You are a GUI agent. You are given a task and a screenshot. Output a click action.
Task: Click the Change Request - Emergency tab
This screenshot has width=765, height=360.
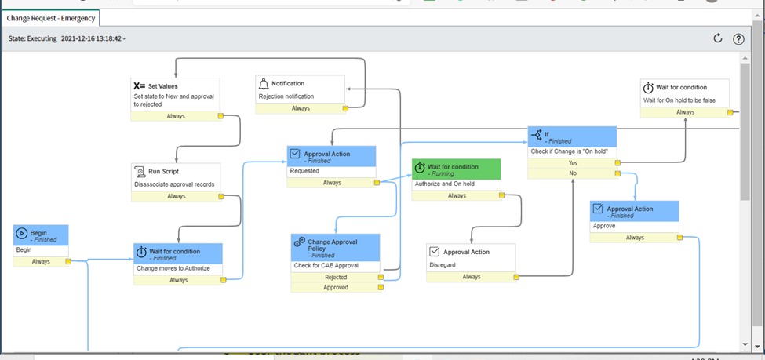52,18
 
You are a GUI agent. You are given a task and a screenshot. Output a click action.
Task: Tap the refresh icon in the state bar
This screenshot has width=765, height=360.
717,38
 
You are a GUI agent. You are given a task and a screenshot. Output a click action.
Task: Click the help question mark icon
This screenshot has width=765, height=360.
738,39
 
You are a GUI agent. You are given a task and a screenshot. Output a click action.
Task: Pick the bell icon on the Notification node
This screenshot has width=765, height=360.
264,83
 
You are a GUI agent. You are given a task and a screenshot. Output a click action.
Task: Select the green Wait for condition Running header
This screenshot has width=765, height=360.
456,169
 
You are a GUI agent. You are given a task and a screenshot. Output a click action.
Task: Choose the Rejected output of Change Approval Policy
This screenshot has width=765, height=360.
335,277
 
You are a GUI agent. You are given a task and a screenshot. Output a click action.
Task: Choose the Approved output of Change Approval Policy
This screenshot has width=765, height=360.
335,287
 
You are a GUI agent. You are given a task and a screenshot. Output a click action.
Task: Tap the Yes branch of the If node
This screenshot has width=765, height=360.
572,162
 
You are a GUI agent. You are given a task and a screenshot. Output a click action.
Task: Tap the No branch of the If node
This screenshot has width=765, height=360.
572,173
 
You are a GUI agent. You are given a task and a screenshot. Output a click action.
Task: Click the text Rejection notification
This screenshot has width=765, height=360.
286,96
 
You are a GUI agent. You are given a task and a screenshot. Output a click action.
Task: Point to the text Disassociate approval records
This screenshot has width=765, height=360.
174,184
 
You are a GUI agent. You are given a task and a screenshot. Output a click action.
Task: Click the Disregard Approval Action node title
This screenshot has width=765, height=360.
466,252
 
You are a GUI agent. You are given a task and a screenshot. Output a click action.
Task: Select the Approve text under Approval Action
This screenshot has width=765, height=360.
604,225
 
